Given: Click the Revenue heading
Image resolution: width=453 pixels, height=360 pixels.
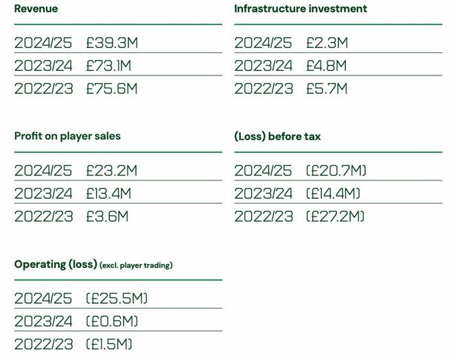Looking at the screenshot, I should pyautogui.click(x=36, y=9).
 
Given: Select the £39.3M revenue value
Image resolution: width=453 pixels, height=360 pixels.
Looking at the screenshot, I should pyautogui.click(x=112, y=43).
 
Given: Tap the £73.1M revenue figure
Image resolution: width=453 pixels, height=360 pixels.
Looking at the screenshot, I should pyautogui.click(x=108, y=66).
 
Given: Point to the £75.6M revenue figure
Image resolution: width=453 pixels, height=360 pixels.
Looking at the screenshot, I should pyautogui.click(x=112, y=88).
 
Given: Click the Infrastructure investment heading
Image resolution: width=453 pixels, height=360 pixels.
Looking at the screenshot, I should pyautogui.click(x=301, y=9).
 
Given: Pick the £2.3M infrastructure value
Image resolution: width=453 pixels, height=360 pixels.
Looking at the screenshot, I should pyautogui.click(x=327, y=43).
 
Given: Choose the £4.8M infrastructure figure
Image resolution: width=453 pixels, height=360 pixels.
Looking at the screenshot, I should pyautogui.click(x=327, y=66).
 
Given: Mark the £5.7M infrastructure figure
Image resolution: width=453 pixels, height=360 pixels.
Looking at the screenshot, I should pyautogui.click(x=327, y=88).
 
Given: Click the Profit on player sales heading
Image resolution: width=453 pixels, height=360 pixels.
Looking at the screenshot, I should pyautogui.click(x=67, y=136).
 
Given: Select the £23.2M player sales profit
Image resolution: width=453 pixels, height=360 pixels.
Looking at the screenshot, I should pyautogui.click(x=112, y=171).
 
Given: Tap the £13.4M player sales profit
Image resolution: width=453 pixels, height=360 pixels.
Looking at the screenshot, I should pyautogui.click(x=108, y=193).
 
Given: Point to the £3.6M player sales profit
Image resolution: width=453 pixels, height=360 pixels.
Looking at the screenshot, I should pyautogui.click(x=107, y=217).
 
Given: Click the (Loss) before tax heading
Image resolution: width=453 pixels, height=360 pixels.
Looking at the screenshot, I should pyautogui.click(x=277, y=136).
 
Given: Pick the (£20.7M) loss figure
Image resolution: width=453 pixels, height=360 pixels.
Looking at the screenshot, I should pyautogui.click(x=336, y=171).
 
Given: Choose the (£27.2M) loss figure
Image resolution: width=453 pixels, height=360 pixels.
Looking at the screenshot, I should pyautogui.click(x=336, y=217).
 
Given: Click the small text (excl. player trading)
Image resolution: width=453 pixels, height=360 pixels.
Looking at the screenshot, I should pyautogui.click(x=136, y=265).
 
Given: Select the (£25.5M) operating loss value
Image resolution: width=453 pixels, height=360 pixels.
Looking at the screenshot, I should pyautogui.click(x=117, y=298).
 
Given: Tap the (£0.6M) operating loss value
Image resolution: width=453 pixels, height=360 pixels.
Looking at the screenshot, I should pyautogui.click(x=112, y=321).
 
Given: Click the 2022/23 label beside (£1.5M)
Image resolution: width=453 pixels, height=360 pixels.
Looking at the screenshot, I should pyautogui.click(x=43, y=344).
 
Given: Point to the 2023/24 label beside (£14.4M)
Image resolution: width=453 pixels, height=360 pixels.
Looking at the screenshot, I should pyautogui.click(x=263, y=193).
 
